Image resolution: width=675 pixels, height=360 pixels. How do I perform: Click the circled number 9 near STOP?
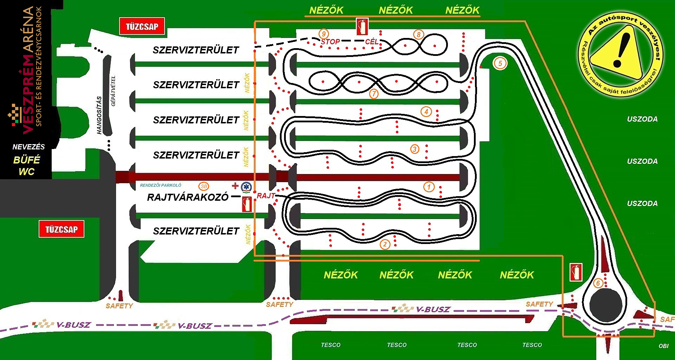pyautogui.click(x=323, y=34)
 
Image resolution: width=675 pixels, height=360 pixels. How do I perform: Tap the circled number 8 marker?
pyautogui.click(x=418, y=34)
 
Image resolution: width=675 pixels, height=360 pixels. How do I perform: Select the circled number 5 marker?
pyautogui.click(x=500, y=63)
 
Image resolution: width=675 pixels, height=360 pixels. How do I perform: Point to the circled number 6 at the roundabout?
pyautogui.click(x=598, y=283)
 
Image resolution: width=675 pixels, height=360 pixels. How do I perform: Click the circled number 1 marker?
pyautogui.click(x=429, y=187)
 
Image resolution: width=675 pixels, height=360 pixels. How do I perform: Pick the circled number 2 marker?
pyautogui.click(x=385, y=244)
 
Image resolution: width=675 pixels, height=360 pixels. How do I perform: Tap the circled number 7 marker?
pyautogui.click(x=374, y=94)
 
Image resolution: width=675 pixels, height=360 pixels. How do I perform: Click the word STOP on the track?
pyautogui.click(x=330, y=42)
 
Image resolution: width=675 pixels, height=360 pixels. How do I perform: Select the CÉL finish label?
pyautogui.click(x=372, y=42)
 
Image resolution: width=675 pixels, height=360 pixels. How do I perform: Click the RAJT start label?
pyautogui.click(x=266, y=196)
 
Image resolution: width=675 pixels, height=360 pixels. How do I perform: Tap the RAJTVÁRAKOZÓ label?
pyautogui.click(x=188, y=197)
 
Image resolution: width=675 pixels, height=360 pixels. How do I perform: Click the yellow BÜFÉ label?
pyautogui.click(x=27, y=160)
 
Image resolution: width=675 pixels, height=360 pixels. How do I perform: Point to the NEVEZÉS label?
pyautogui.click(x=28, y=147)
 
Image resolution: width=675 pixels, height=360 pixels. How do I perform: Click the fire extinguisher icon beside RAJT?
pyautogui.click(x=247, y=204)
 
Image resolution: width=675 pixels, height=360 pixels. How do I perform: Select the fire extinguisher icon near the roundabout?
pyautogui.click(x=576, y=272)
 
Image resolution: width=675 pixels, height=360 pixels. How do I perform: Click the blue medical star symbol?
pyautogui.click(x=246, y=187)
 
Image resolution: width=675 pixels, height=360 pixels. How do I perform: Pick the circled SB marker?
pyautogui.click(x=204, y=186)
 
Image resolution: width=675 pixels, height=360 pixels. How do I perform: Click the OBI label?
pyautogui.click(x=663, y=346)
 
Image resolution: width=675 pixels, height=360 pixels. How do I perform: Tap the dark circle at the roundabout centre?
pyautogui.click(x=606, y=305)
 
